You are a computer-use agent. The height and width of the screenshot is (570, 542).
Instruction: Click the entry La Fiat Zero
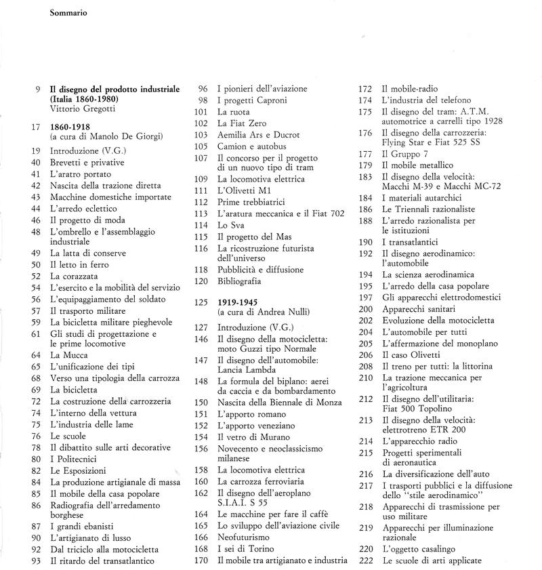point(242,123)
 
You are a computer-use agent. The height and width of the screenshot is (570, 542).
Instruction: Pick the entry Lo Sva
point(230,224)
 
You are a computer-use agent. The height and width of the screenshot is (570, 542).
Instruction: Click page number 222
point(365,561)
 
